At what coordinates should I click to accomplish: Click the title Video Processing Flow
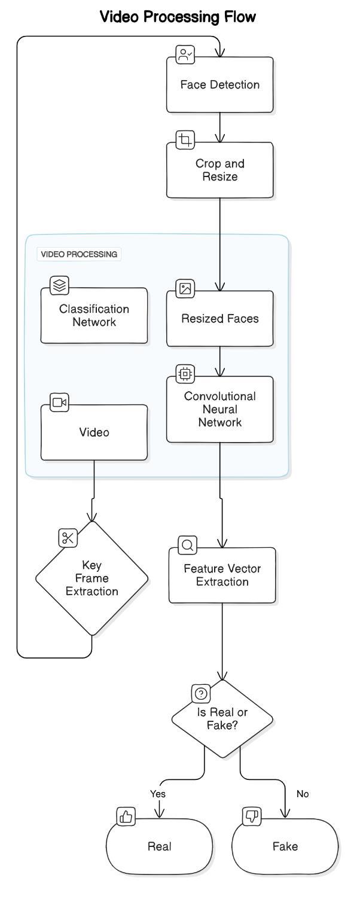[x=178, y=17]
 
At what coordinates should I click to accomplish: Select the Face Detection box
[x=219, y=84]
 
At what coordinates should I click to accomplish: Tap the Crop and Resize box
[x=219, y=170]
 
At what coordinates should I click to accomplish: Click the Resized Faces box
[x=219, y=318]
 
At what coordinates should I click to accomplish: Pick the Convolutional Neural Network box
[x=219, y=409]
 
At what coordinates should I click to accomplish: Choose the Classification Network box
[x=94, y=315]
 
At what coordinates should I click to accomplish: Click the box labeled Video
[x=94, y=432]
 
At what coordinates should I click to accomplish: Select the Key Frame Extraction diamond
[x=91, y=578]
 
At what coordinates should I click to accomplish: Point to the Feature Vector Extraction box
[x=222, y=575]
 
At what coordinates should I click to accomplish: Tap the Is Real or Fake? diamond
[x=222, y=718]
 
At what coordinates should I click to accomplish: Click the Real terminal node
[x=159, y=846]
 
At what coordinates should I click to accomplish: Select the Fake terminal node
[x=285, y=846]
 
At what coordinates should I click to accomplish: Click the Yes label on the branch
[x=158, y=794]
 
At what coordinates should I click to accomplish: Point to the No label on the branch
[x=303, y=794]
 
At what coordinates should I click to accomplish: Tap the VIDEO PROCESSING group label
[x=79, y=254]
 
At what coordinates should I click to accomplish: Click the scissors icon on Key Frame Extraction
[x=68, y=538]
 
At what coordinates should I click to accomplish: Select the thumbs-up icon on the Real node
[x=126, y=816]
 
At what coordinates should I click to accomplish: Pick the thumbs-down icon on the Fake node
[x=251, y=816]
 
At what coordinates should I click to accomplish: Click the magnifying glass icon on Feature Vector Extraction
[x=188, y=545]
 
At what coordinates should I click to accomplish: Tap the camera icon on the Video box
[x=59, y=402]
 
